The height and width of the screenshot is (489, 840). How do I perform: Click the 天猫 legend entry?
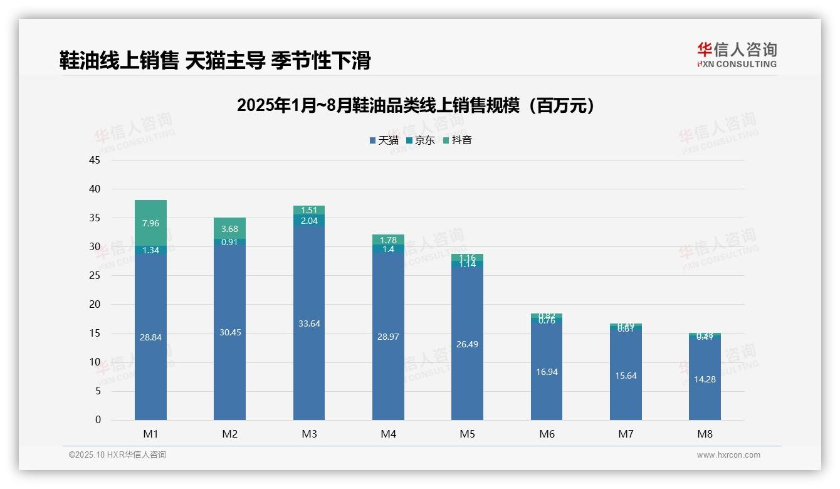tap(384, 140)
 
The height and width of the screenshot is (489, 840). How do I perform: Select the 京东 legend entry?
tap(421, 140)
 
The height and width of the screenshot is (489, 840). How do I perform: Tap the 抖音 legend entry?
tap(458, 140)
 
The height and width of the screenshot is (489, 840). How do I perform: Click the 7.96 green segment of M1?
tap(150, 223)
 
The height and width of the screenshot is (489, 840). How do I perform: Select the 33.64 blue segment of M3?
tap(309, 323)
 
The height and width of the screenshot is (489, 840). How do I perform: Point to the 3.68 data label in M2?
tap(229, 229)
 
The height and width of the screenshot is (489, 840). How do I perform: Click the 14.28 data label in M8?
tap(705, 380)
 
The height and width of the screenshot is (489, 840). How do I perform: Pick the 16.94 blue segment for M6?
tap(547, 372)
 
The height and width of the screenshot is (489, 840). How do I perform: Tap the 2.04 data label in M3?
tap(309, 221)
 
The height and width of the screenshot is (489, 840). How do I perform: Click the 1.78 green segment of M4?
tap(388, 239)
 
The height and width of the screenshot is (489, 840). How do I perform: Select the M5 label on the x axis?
tap(467, 434)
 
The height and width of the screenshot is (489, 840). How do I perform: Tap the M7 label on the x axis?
tap(626, 434)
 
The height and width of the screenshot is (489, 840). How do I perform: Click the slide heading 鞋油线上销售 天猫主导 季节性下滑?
tap(215, 60)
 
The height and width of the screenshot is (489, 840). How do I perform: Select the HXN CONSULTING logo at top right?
tap(737, 55)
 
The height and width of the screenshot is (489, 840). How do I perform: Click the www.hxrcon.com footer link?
tap(728, 455)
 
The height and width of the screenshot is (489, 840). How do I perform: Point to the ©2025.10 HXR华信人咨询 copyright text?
tap(117, 455)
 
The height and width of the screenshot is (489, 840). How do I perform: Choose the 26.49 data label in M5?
tap(467, 344)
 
